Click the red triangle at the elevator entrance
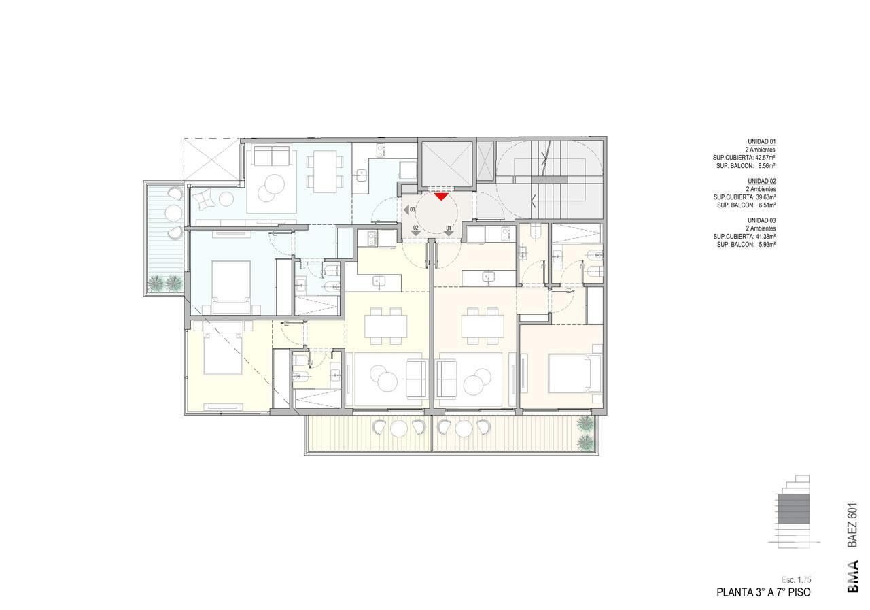click(441, 197)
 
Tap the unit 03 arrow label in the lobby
click(409, 210)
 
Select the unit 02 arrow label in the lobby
click(416, 231)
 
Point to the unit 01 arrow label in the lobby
click(449, 231)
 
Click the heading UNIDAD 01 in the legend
click(762, 142)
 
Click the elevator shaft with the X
click(447, 164)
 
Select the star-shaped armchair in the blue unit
click(205, 199)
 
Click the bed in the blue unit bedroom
click(230, 287)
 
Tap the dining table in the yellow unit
click(385, 326)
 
